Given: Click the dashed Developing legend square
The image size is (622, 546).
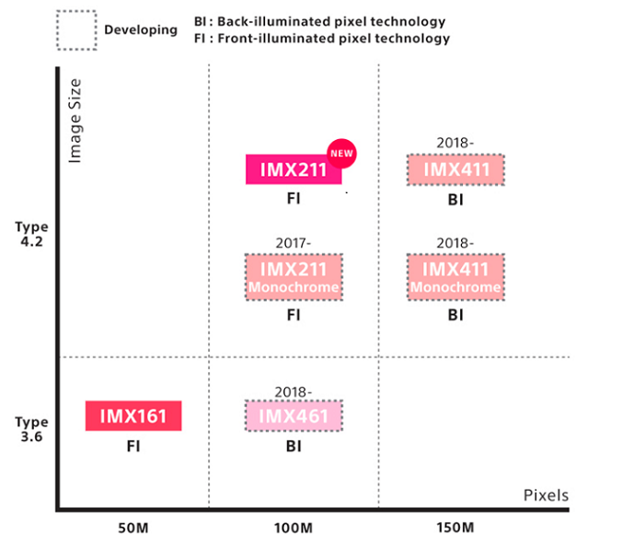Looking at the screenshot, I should click(x=76, y=29).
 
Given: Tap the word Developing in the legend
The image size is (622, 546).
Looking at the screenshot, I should click(x=141, y=29).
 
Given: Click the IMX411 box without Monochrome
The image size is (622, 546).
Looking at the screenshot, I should click(x=455, y=169).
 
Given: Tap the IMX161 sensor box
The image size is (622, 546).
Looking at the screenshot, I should click(x=133, y=415).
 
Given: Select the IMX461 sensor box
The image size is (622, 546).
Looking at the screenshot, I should click(x=294, y=416).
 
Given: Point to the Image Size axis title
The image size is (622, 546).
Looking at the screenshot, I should click(x=75, y=121).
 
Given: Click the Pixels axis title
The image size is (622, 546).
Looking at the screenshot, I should click(x=546, y=494).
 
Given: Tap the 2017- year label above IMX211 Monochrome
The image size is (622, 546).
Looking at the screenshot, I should click(x=294, y=243).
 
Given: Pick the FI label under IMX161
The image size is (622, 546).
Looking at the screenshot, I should click(x=133, y=447).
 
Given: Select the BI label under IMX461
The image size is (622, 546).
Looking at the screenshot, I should click(x=294, y=447).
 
